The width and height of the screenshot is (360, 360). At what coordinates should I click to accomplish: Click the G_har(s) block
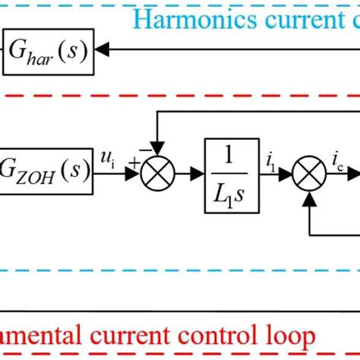click(x=49, y=52)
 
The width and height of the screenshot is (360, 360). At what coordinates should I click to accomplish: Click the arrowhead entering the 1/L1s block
click(x=201, y=174)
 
